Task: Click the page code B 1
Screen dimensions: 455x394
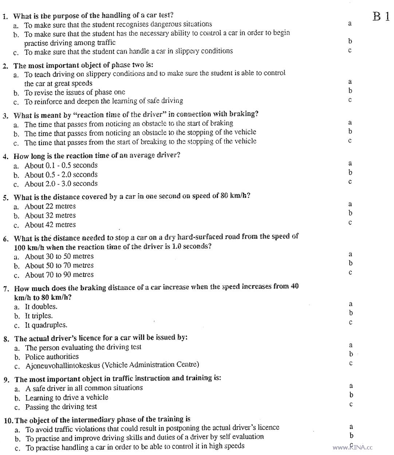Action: pyautogui.click(x=381, y=16)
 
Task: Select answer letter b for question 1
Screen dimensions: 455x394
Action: pyautogui.click(x=350, y=41)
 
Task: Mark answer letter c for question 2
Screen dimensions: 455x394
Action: pyautogui.click(x=350, y=100)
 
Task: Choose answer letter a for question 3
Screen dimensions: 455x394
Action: pyautogui.click(x=350, y=122)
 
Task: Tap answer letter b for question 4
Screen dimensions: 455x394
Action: pyautogui.click(x=350, y=172)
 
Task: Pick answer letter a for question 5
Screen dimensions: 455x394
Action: pyautogui.click(x=350, y=204)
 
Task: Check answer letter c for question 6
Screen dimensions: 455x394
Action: pyautogui.click(x=350, y=273)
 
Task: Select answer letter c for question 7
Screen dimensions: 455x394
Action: pyautogui.click(x=350, y=322)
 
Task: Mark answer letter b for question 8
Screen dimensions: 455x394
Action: pyautogui.click(x=351, y=354)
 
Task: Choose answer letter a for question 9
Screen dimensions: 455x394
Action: pyautogui.click(x=351, y=386)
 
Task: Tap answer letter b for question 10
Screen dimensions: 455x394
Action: pyautogui.click(x=351, y=435)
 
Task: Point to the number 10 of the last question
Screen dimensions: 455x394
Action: pyautogui.click(x=9, y=420)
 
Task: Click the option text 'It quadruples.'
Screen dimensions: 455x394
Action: pyautogui.click(x=46, y=325)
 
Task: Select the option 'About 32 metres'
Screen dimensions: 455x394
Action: pyautogui.click(x=50, y=215)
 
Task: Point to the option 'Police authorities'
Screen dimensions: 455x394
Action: pyautogui.click(x=52, y=357)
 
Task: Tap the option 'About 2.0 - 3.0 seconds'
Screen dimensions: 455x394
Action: pyautogui.click(x=61, y=184)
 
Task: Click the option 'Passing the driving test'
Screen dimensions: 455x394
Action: pyautogui.click(x=61, y=407)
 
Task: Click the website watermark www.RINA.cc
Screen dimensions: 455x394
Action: pyautogui.click(x=352, y=447)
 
